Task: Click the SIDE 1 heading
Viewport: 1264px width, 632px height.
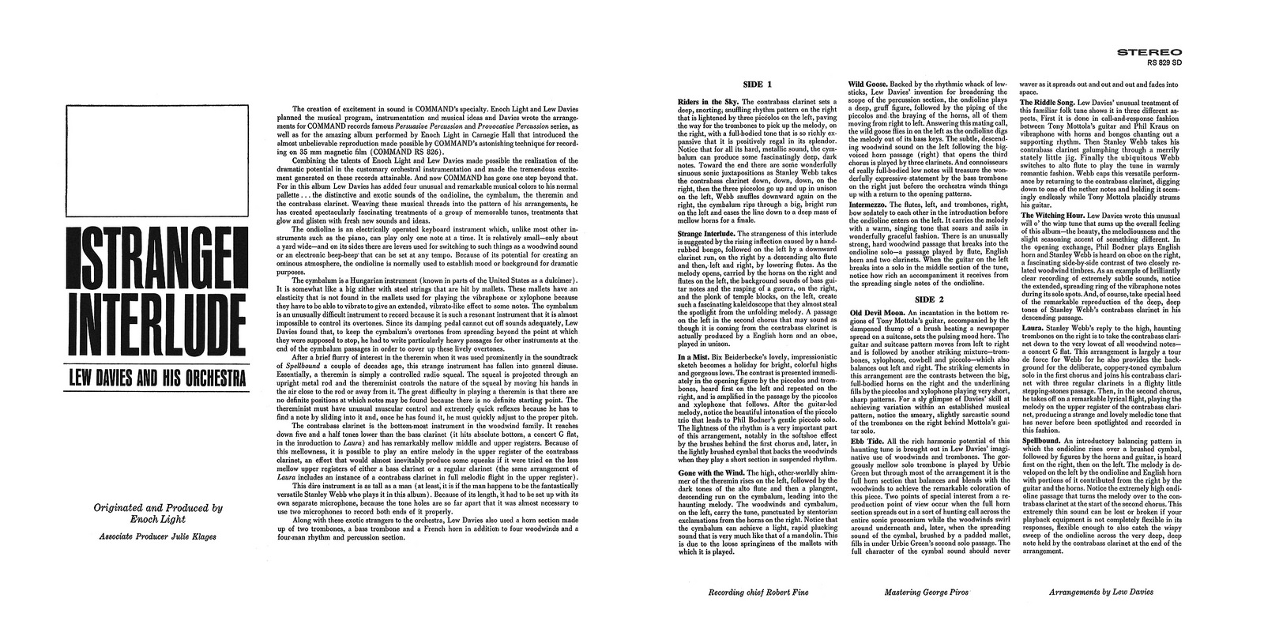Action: pyautogui.click(x=757, y=84)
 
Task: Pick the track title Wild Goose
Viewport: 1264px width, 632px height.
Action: pyautogui.click(x=867, y=84)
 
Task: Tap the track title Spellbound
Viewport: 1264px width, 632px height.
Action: pyautogui.click(x=1040, y=439)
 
